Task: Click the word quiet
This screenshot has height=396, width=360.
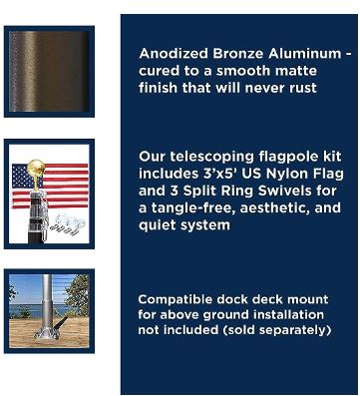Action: coord(159,225)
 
